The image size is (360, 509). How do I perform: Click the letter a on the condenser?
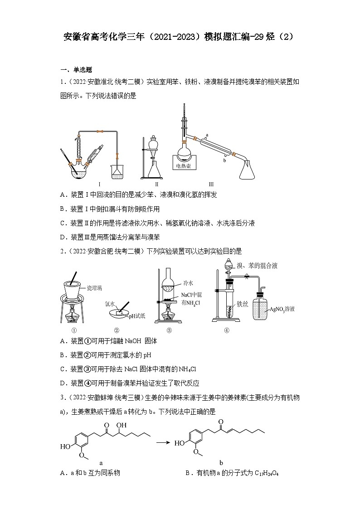click(207, 135)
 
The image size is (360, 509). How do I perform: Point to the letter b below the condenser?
click(224, 160)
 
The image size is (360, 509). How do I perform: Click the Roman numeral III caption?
click(211, 184)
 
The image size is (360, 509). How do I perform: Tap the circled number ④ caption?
click(227, 330)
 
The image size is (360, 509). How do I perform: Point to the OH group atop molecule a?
click(121, 426)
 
